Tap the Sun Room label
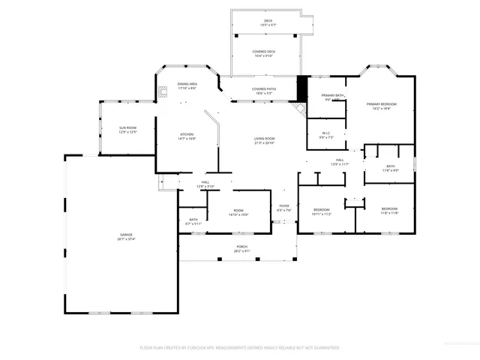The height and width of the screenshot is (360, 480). [x=127, y=130]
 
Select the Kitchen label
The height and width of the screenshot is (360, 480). [x=187, y=136]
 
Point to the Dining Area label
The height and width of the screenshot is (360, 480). [x=187, y=85]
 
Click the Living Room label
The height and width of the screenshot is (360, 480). [x=263, y=140]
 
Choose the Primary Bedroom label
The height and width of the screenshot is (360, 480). [x=380, y=106]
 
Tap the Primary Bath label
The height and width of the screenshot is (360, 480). [x=332, y=97]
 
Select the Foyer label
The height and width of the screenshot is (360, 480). [x=284, y=208]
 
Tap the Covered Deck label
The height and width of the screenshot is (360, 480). [x=268, y=53]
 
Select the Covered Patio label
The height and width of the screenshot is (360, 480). [x=263, y=91]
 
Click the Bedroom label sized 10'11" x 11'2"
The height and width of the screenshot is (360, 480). [x=321, y=211]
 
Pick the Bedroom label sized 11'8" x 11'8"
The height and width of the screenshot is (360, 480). [x=389, y=211]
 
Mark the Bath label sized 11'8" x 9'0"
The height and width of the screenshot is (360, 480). [x=390, y=168]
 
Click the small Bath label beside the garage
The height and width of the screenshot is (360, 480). [x=193, y=221]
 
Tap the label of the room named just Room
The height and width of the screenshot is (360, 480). [x=238, y=212]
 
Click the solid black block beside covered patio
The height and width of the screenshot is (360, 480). [x=302, y=88]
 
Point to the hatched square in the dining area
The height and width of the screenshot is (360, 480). [x=163, y=93]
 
